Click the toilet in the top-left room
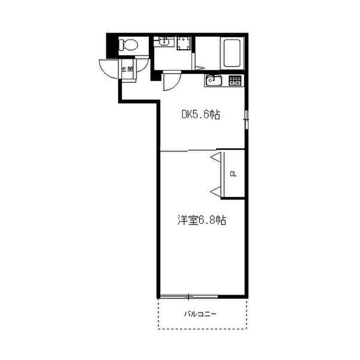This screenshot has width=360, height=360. (127, 44)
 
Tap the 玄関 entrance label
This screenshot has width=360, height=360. (127, 70)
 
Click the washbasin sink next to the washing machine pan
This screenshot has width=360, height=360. (163, 42)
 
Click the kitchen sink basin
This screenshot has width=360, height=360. (214, 81)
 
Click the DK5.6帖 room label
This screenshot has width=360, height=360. (201, 115)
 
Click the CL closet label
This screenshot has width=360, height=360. (233, 175)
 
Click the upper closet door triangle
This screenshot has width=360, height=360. (216, 158)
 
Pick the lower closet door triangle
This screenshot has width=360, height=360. (216, 191)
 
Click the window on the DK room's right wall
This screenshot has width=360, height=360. (246, 122)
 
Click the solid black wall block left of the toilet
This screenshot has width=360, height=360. (110, 44)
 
